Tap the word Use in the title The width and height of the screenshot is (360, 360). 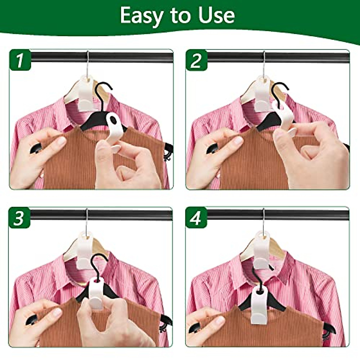coord(217,15)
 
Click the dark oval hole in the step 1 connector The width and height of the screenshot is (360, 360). coord(113,120)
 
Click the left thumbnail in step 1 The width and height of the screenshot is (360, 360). coord(61,140)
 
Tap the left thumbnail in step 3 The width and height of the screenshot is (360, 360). coord(57,312)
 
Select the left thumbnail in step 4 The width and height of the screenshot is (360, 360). coord(220,320)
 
